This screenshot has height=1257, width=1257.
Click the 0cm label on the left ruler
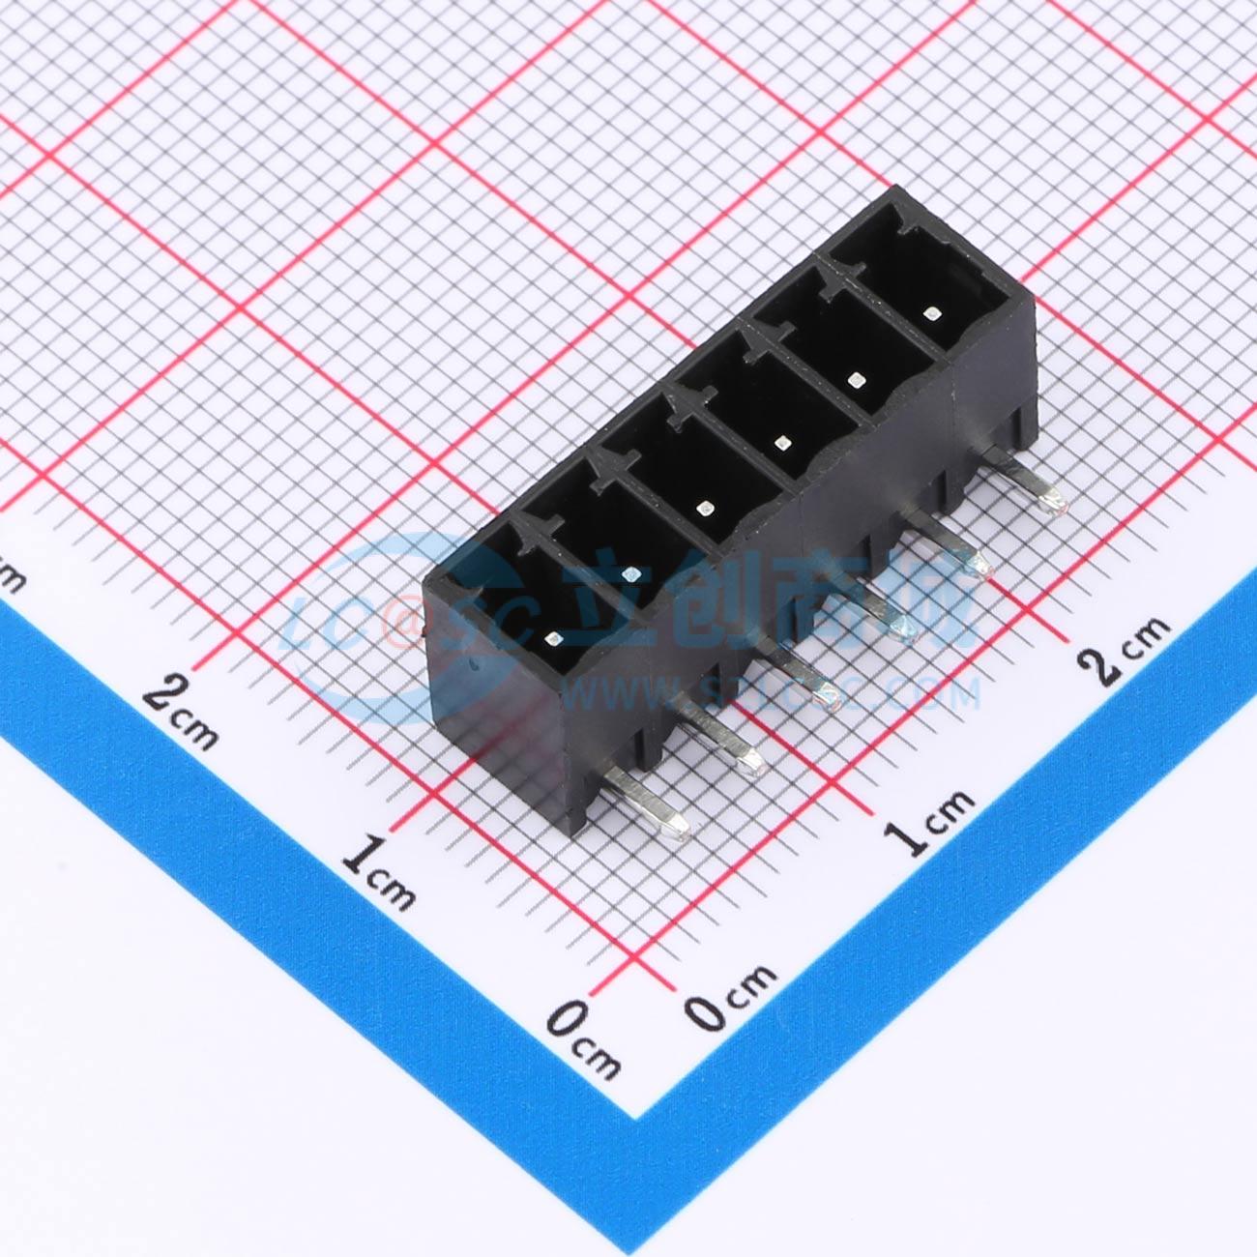583,1038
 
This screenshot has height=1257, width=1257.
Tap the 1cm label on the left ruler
381,869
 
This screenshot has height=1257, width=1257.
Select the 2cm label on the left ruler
181,710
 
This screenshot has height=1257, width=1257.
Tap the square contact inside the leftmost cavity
553,638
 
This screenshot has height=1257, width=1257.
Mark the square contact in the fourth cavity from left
782,444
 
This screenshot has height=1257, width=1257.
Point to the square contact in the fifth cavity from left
856,379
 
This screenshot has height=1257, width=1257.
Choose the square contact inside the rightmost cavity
930,312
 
